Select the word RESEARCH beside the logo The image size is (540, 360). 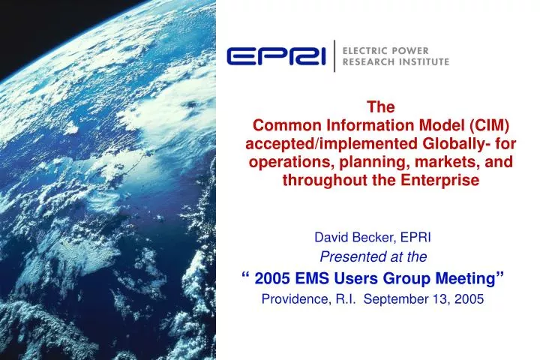[367, 62]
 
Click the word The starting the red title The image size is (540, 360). [383, 106]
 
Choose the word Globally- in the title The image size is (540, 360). [448, 143]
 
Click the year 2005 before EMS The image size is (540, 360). [271, 279]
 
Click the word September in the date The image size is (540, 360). [399, 300]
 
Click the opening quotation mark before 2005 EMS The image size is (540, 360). [247, 276]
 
